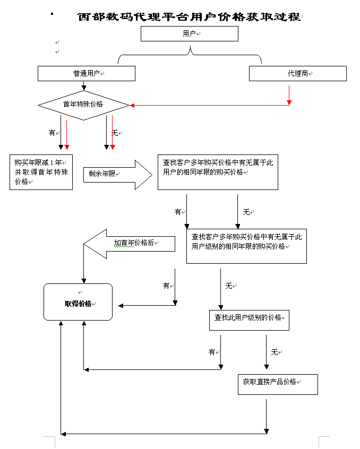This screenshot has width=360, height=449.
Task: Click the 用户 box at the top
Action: (190, 34)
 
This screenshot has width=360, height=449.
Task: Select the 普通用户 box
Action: (87, 74)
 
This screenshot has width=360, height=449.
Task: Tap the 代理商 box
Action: (298, 74)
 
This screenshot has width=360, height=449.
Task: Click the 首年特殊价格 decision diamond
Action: (83, 106)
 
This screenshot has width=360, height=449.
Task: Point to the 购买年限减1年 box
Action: (41, 172)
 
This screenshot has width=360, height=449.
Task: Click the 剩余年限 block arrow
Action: (118, 175)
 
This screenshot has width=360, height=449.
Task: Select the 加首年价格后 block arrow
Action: (129, 244)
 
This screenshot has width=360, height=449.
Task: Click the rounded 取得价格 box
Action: (78, 302)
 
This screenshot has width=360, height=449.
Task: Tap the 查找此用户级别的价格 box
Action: (249, 320)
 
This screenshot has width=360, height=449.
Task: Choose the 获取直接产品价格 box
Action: (278, 384)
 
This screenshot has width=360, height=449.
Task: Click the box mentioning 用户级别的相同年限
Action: (246, 246)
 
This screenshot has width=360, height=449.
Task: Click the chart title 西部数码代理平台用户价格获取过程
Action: (190, 17)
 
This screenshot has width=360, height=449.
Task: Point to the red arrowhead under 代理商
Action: (289, 102)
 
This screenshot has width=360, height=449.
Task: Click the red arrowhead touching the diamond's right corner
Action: (132, 106)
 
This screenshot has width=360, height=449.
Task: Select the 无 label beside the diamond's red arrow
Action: (115, 133)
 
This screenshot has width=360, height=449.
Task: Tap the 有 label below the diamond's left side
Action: (52, 133)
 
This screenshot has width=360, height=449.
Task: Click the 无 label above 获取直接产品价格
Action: (275, 352)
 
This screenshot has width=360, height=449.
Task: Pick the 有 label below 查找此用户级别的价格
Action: (212, 352)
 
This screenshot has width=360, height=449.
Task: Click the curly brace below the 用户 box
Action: (190, 55)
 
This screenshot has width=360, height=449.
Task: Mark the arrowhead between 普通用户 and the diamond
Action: (83, 88)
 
